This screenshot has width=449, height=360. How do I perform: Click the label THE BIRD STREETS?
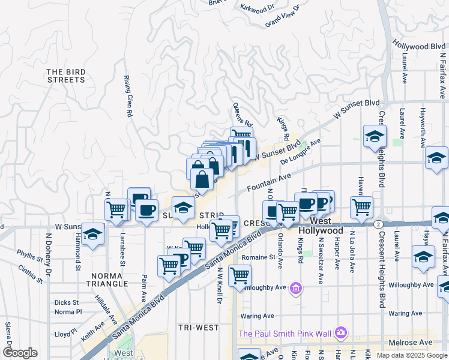pos(66,76)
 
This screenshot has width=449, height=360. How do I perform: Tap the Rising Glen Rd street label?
pos(128,96)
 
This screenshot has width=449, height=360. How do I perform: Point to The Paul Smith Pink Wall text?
pos(285,333)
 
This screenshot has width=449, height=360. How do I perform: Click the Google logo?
pos(20,353)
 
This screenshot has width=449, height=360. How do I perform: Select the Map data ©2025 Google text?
pos(411,355)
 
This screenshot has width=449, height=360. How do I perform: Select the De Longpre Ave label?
pos(301,152)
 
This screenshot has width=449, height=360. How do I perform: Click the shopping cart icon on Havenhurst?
pos(361,207)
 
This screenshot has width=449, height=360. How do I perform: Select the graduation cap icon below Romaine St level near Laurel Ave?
pos(423,257)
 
